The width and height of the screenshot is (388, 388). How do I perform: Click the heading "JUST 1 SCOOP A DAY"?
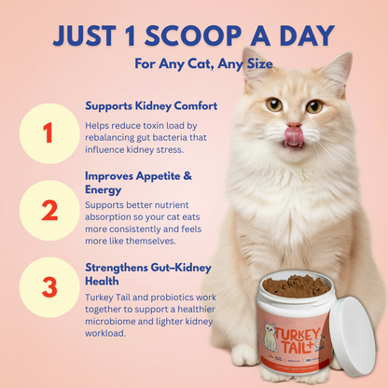(193, 36)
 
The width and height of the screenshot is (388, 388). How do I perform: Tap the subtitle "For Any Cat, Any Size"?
(193, 66)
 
